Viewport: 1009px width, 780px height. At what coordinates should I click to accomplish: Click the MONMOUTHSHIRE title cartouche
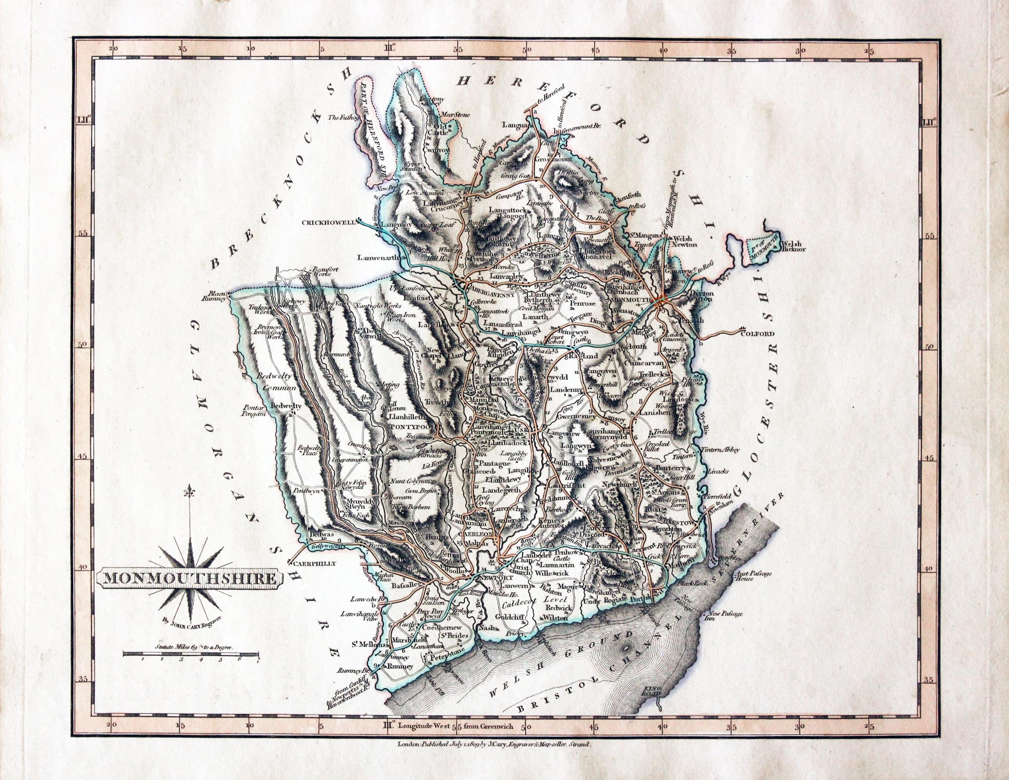pyautogui.click(x=189, y=579)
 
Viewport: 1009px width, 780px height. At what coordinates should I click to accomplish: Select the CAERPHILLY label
pyautogui.click(x=313, y=563)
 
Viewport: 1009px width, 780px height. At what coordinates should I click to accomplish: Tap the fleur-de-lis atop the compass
pyautogui.click(x=190, y=493)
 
